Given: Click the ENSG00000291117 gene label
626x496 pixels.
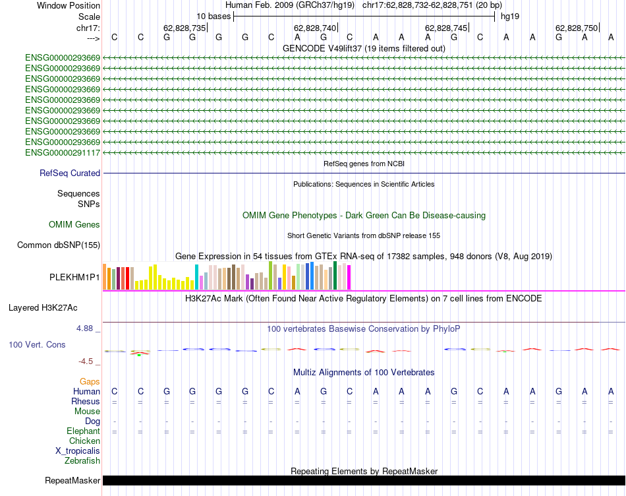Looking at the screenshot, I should coord(63,152).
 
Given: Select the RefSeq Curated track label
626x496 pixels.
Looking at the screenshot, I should coord(70,173).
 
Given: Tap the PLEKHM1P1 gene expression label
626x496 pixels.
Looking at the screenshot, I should coord(74,277).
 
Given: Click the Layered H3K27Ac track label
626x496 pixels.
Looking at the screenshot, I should coord(43,307).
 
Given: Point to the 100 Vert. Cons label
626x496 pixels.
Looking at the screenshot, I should coord(37,344).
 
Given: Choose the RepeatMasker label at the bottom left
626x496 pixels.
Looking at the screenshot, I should coord(72,481).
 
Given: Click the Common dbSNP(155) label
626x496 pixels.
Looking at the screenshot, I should coord(58,245).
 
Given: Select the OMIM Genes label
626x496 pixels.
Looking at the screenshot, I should coord(74,224).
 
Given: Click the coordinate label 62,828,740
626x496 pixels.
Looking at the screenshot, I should coord(315,28).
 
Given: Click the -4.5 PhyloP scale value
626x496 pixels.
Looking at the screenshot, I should coord(88,361).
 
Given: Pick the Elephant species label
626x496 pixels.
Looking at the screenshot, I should coord(83,431).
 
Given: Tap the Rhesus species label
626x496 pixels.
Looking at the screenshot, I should coord(86,402).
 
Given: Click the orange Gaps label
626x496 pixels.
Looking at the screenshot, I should coord(90,381).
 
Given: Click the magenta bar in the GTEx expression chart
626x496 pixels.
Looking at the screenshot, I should coord(349,277).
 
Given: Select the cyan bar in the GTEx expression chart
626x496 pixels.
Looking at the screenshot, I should coord(197,277).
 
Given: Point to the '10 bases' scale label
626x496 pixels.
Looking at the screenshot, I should coord(213,15).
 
